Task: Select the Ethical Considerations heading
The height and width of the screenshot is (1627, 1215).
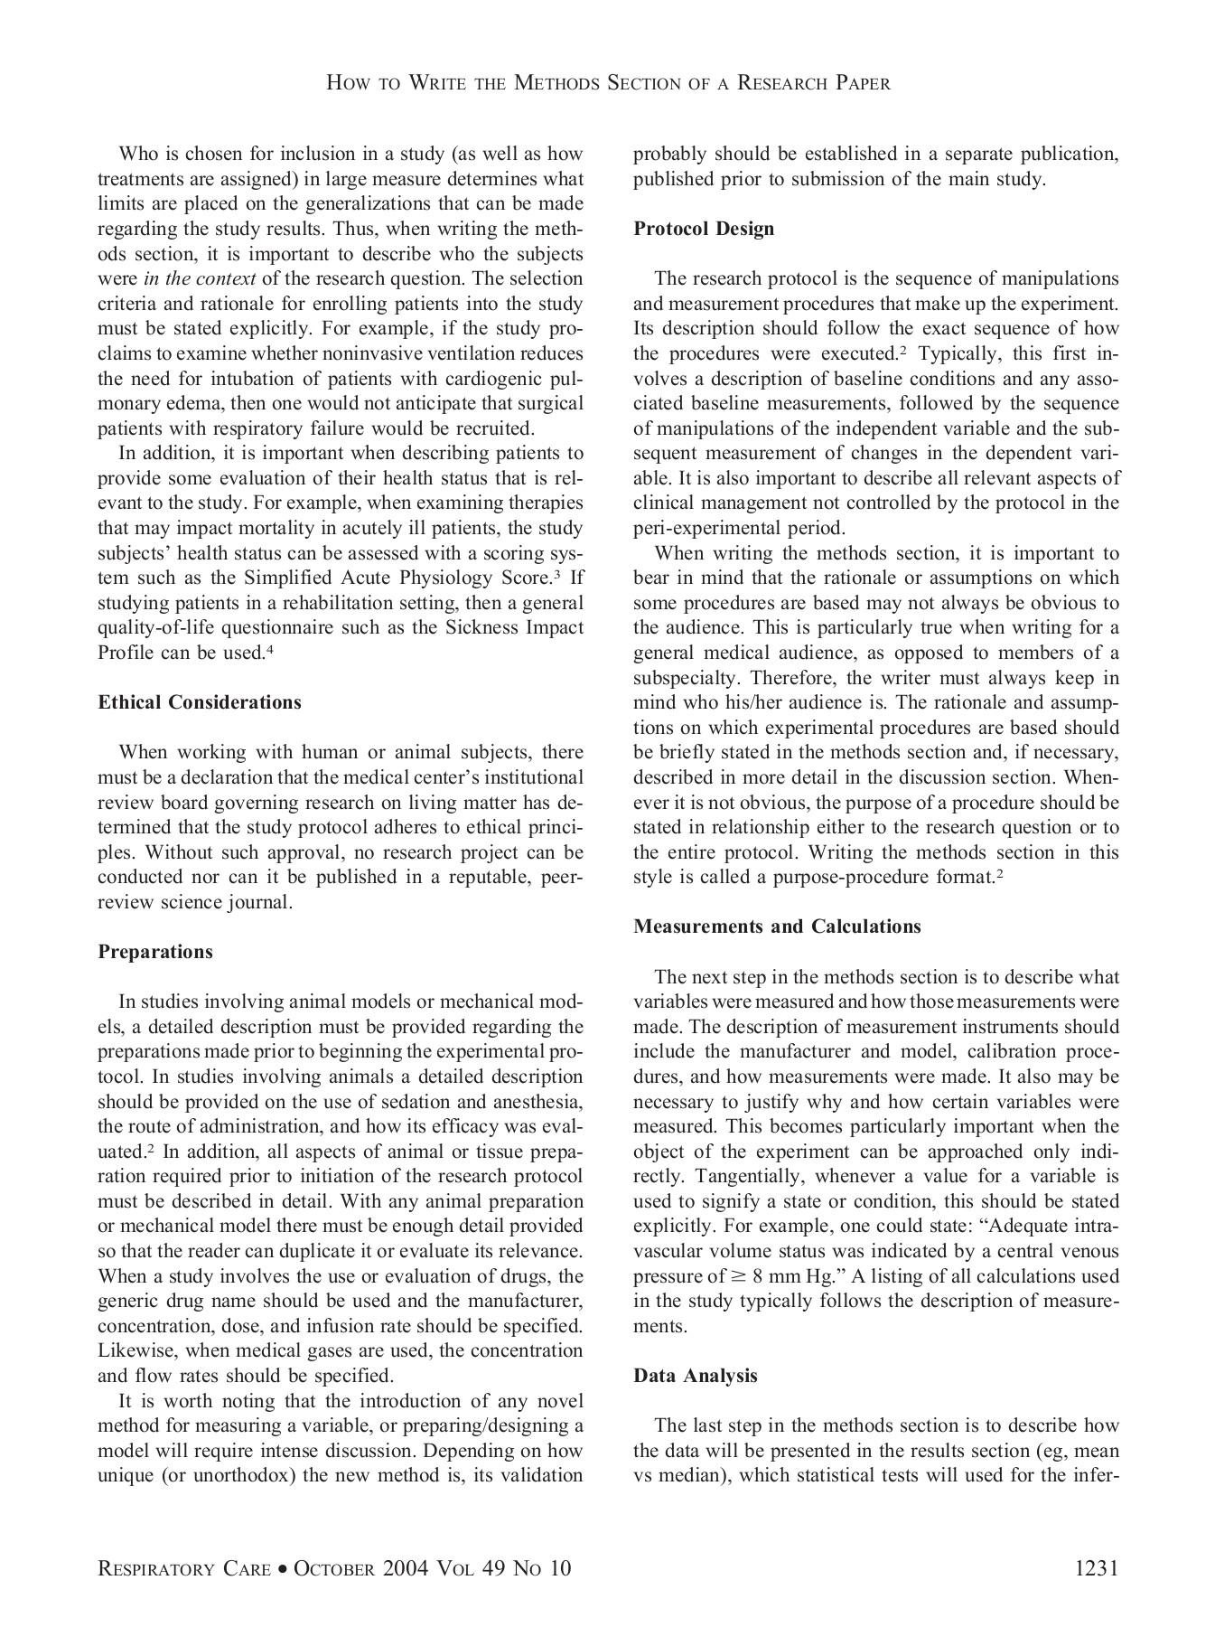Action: click(x=200, y=702)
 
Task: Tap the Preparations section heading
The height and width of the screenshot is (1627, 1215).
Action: click(x=155, y=952)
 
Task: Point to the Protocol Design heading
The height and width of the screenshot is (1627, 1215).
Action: click(x=704, y=229)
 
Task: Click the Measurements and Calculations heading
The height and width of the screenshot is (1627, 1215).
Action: click(x=777, y=926)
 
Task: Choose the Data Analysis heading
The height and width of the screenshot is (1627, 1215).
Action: click(x=696, y=1376)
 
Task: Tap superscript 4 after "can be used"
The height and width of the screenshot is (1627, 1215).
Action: click(x=270, y=649)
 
